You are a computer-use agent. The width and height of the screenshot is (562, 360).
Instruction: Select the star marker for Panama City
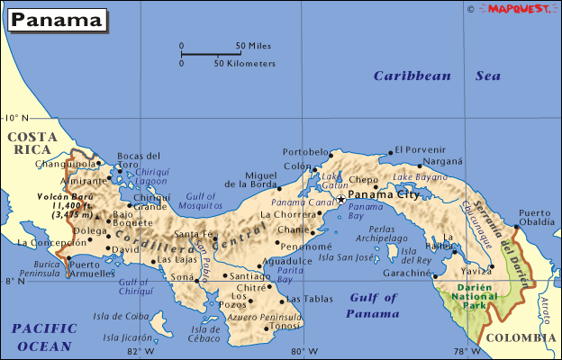coord(340,198)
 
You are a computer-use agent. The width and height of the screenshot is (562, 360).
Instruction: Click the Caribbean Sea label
coord(437,76)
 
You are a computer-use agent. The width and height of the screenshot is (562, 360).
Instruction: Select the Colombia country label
coord(521,337)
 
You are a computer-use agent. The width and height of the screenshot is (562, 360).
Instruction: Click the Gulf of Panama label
coord(373,305)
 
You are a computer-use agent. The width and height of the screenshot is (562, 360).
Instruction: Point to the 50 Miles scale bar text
coord(253,45)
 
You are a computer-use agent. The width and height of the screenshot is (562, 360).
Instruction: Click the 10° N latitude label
coord(15,118)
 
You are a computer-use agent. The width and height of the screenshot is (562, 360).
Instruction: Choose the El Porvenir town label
coord(421,149)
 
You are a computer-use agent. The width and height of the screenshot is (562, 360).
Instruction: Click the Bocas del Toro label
coord(139,160)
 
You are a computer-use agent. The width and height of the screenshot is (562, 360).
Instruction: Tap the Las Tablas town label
coord(305,300)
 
